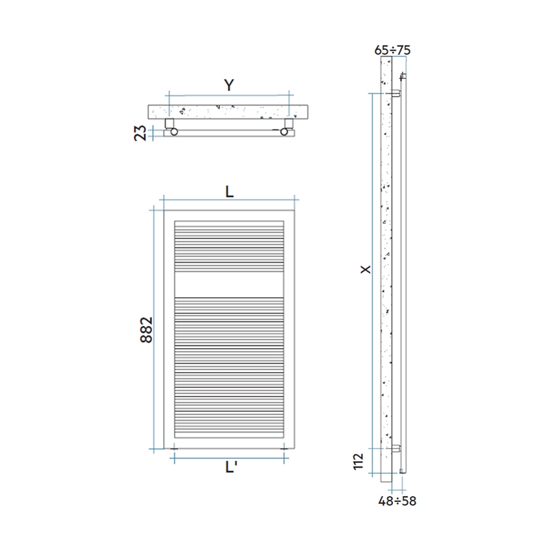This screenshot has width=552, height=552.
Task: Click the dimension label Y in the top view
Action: (228, 85)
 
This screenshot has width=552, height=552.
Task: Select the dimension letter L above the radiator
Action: (229, 192)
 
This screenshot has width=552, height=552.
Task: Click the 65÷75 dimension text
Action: (393, 49)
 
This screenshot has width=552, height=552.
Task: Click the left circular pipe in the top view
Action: (173, 132)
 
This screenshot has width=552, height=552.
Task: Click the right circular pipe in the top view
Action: (284, 132)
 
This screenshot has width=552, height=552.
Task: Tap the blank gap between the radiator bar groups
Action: (229, 284)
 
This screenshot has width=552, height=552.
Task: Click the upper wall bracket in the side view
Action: (395, 94)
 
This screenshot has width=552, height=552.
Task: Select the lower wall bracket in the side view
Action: (395, 448)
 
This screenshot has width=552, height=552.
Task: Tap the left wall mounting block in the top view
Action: (169, 123)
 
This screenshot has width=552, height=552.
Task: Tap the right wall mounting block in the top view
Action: (289, 123)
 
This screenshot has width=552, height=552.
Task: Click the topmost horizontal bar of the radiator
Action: (229, 223)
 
